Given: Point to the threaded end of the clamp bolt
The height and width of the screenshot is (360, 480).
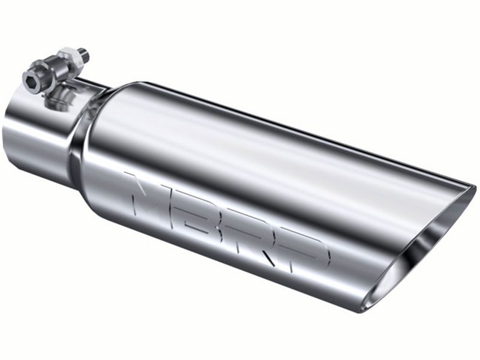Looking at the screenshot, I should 85,53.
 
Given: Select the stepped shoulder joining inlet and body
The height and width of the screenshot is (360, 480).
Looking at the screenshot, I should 78,144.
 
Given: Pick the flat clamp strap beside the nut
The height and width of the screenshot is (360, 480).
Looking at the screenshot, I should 90,84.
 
